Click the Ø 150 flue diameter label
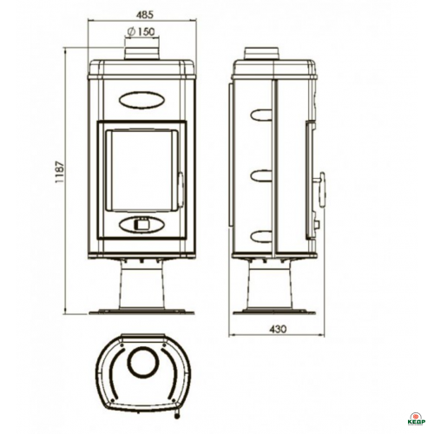(x=141, y=31)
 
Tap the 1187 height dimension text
(x=60, y=172)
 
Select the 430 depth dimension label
(x=278, y=329)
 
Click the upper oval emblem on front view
(x=141, y=100)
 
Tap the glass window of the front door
(x=141, y=170)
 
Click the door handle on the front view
(x=181, y=187)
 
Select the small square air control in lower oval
(x=141, y=225)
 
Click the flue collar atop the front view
(x=141, y=54)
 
